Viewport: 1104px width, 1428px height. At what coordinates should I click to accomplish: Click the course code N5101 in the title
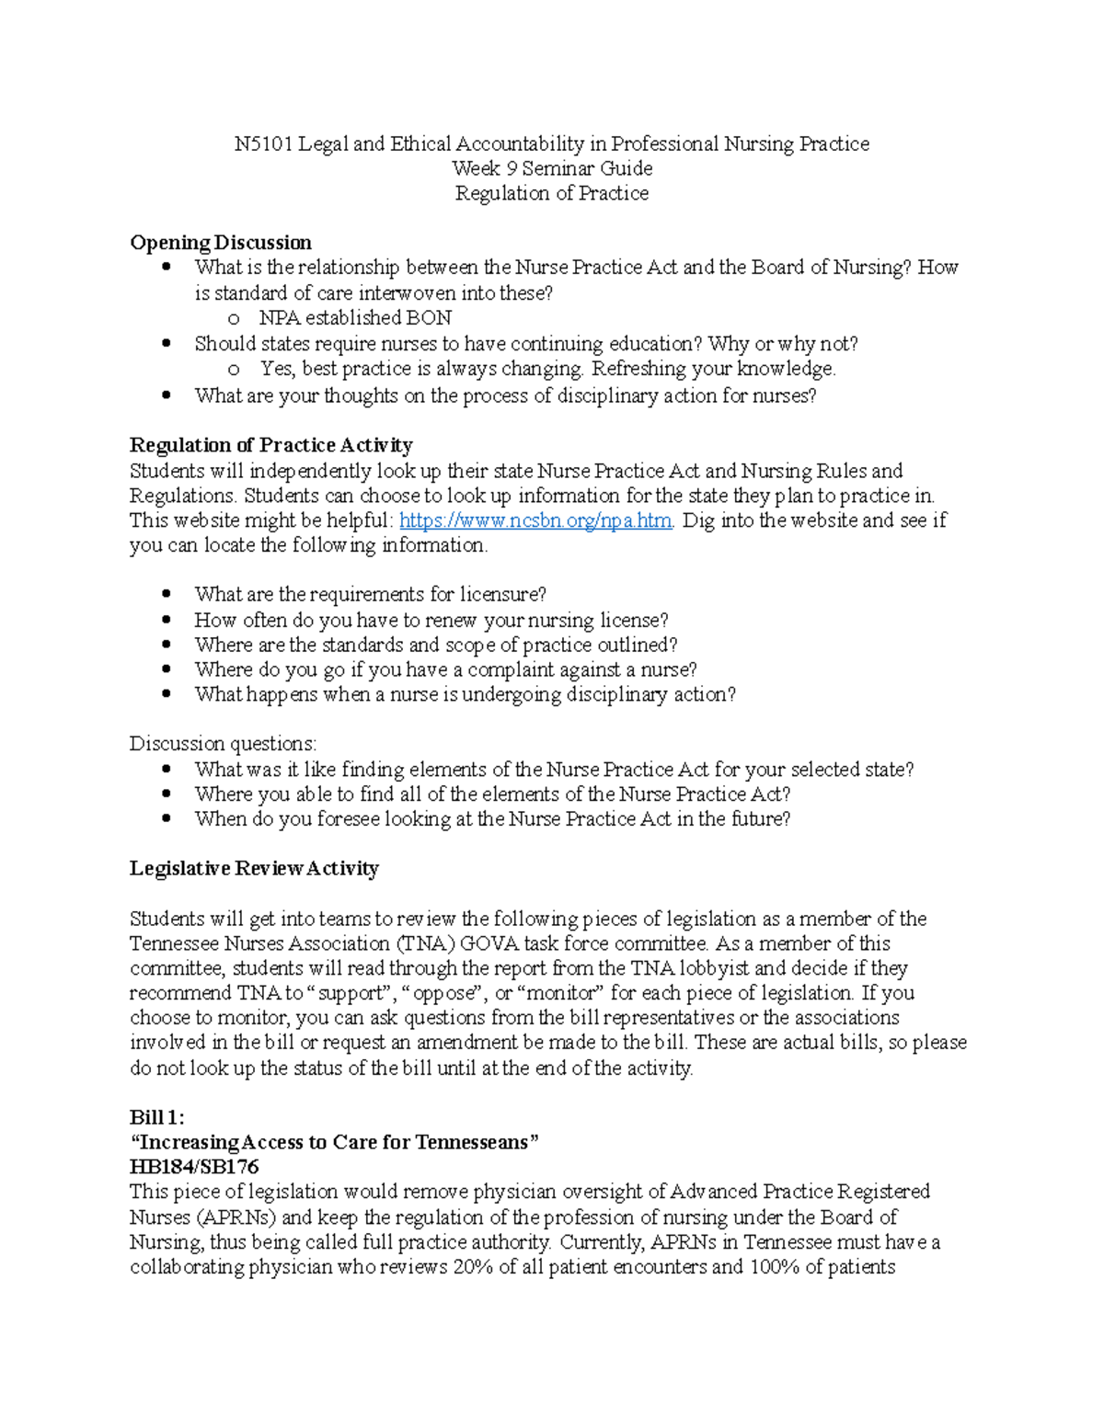262,144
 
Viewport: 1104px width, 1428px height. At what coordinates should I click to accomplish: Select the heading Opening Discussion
221,243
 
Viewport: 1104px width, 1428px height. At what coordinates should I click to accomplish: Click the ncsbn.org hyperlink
535,520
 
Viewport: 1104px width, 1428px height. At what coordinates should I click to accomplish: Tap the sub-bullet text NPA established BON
355,318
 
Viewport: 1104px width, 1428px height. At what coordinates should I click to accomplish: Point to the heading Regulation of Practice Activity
270,446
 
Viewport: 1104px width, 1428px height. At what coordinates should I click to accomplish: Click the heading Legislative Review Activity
254,869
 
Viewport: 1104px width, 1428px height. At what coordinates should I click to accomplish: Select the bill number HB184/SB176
194,1168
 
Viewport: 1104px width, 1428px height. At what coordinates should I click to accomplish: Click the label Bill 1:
157,1118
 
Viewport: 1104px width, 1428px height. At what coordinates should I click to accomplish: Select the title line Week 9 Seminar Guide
552,169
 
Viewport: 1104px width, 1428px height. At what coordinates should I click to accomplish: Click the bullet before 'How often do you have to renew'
166,621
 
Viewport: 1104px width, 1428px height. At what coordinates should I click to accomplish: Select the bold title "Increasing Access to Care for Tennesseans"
334,1143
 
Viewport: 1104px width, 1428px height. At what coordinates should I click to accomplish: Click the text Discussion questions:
223,744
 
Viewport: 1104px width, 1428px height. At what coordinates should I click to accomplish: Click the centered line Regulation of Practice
552,194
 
